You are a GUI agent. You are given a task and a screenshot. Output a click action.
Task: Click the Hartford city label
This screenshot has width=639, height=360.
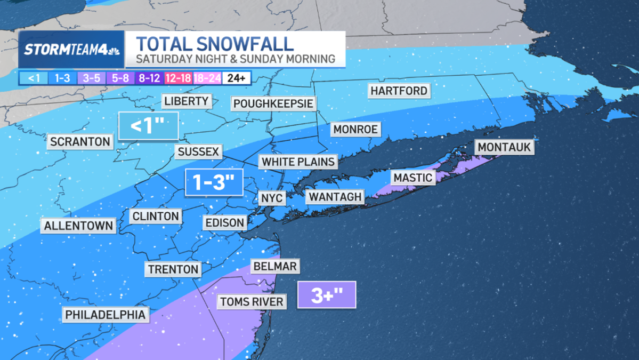(399, 91)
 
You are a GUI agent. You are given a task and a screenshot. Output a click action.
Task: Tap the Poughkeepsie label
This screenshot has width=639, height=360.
(273, 103)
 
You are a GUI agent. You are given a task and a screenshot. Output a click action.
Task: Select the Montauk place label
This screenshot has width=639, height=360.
(504, 147)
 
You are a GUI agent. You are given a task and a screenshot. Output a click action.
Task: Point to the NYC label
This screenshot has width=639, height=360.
(272, 198)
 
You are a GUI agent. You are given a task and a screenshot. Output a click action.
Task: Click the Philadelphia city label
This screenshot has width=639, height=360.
(105, 315)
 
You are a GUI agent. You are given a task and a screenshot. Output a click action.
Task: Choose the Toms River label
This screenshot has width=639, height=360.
(252, 302)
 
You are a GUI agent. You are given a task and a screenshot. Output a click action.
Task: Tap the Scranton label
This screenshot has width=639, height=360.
(80, 142)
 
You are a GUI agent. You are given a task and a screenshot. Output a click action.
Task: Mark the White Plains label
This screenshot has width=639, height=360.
(298, 162)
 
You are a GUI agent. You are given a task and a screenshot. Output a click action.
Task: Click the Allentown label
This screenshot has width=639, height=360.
(79, 226)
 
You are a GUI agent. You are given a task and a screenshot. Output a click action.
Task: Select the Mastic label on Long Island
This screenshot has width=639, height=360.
(412, 178)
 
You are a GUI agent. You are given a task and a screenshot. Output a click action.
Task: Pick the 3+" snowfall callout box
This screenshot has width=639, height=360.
(327, 295)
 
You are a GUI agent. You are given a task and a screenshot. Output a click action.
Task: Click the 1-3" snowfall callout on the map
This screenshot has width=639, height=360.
(214, 182)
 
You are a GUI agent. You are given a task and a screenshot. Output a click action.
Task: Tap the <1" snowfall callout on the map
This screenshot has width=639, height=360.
(148, 126)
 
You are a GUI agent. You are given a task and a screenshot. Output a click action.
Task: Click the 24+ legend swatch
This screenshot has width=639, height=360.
(236, 78)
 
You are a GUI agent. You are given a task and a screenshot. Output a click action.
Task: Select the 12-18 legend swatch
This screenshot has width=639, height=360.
(178, 78)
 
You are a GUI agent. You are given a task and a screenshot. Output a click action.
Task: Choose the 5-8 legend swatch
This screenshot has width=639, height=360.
(120, 78)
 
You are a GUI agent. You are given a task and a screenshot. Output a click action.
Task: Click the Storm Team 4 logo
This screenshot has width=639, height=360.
(71, 50)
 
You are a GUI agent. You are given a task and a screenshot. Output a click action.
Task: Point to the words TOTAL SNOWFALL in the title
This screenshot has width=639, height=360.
(215, 43)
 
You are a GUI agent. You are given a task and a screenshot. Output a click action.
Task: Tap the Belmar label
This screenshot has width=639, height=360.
(275, 266)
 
